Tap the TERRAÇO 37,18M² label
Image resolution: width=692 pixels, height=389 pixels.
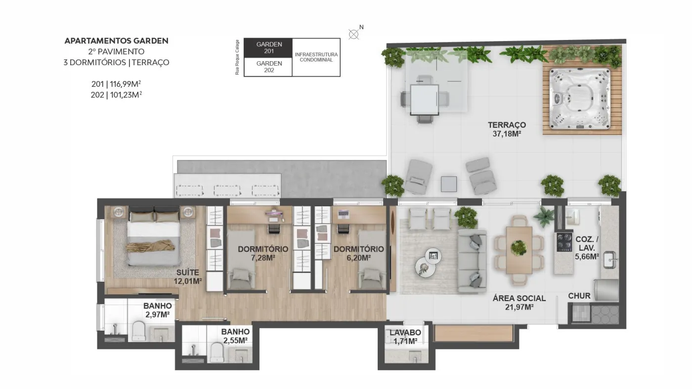(507, 129)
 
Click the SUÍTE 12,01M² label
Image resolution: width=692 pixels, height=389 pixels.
(187, 277)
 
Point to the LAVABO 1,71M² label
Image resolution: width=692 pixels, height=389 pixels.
(405, 337)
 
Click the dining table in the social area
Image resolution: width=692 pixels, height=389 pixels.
(519, 250)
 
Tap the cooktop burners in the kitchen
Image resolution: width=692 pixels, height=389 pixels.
(564, 242)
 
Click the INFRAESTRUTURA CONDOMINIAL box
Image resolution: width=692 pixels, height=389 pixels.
(316, 57)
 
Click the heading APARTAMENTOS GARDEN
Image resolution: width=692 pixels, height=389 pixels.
(116, 40)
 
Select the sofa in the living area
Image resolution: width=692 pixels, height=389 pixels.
(472, 260)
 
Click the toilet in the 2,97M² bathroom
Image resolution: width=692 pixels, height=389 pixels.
(138, 331)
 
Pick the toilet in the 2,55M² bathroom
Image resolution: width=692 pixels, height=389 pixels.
(216, 352)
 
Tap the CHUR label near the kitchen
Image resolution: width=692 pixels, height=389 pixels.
(579, 296)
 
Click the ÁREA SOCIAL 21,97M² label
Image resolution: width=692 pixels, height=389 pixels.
(519, 303)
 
